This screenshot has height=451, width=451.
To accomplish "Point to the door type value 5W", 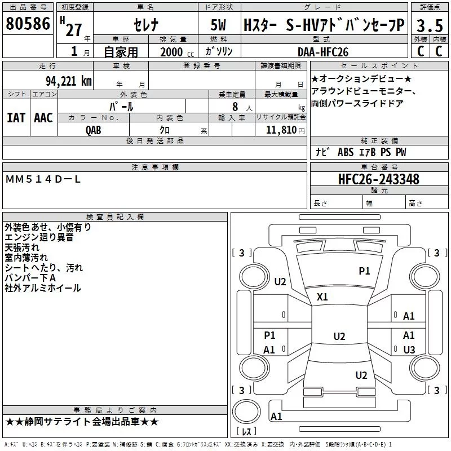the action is coord(219,25).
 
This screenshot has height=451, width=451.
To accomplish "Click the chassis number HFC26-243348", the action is coord(378,179).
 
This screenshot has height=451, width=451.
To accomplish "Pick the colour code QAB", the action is coord(94,129).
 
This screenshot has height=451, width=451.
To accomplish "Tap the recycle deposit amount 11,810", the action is coord(281,130).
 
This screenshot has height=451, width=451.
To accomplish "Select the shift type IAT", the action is coord(16,117).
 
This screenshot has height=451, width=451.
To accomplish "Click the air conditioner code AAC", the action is coord(43,117).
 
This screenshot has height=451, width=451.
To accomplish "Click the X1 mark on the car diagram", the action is coord(322,297).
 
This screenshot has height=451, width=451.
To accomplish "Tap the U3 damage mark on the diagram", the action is coord(409,350).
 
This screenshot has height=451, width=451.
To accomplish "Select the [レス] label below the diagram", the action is coord(247,432).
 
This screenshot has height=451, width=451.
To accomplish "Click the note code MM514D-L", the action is coord(43,179).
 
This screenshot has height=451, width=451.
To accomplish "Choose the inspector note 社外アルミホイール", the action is coord(43,288).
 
